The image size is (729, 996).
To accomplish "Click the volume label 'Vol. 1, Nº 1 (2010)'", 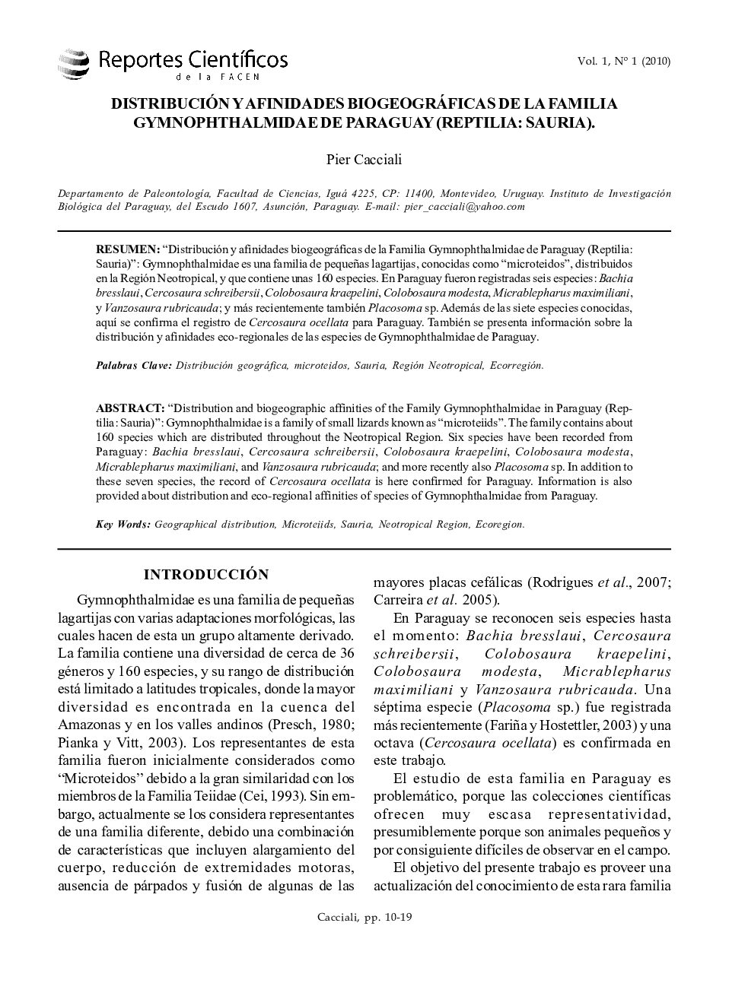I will [623, 62].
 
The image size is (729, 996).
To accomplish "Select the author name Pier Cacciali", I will [364, 160].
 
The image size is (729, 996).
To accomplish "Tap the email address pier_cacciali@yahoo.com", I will [464, 207].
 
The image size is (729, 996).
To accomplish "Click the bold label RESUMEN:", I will [127, 249].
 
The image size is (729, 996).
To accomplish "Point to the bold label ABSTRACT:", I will [129, 408].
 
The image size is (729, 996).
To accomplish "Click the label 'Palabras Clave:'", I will [133, 366].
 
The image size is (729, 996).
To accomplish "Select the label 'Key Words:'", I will [123, 525].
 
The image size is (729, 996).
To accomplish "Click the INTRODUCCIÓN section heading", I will [206, 575].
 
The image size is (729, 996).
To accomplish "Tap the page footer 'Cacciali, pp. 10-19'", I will [364, 918].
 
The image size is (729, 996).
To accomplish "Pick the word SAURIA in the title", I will [552, 122].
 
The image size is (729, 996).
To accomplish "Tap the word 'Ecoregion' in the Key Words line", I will [499, 525].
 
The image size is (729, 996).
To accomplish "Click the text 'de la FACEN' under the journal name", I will [218, 77].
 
